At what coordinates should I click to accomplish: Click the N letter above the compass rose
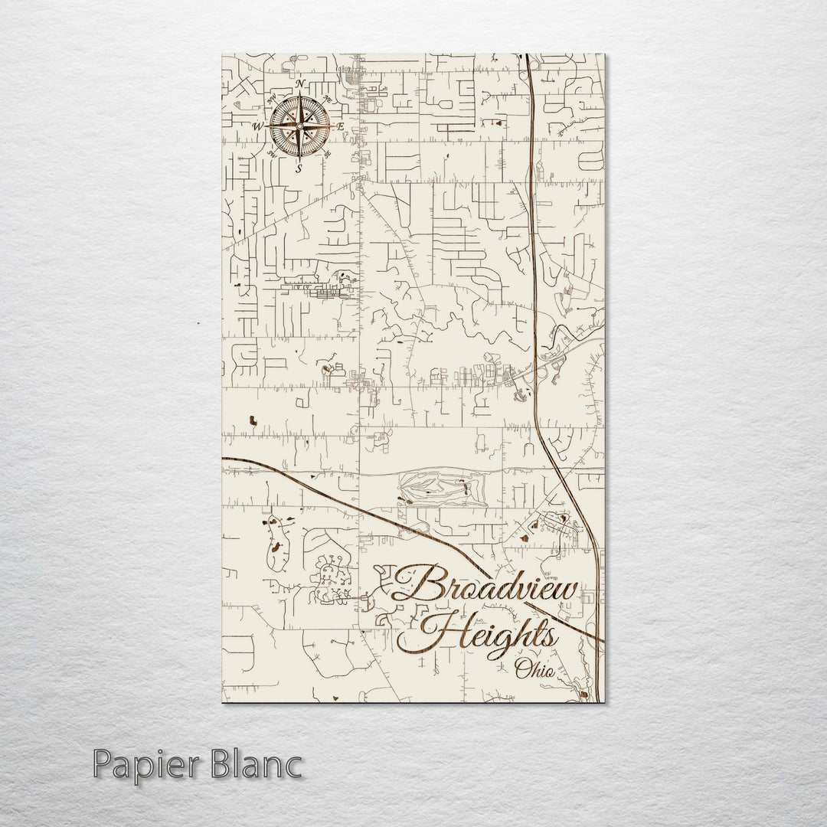[299, 83]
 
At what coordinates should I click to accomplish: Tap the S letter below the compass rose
[299, 168]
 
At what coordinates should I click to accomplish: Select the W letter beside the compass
[258, 126]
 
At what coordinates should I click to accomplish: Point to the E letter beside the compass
[342, 126]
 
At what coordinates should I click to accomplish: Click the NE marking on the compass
[328, 98]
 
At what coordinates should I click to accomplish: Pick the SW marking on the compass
[271, 155]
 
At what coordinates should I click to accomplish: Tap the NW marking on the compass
[271, 98]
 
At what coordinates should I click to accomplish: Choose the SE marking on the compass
[328, 155]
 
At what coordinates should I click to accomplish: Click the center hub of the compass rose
[299, 126]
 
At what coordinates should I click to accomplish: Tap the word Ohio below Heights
[537, 670]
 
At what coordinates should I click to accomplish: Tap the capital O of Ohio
[522, 671]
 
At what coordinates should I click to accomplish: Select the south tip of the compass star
[299, 156]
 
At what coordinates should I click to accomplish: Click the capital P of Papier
[103, 766]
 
